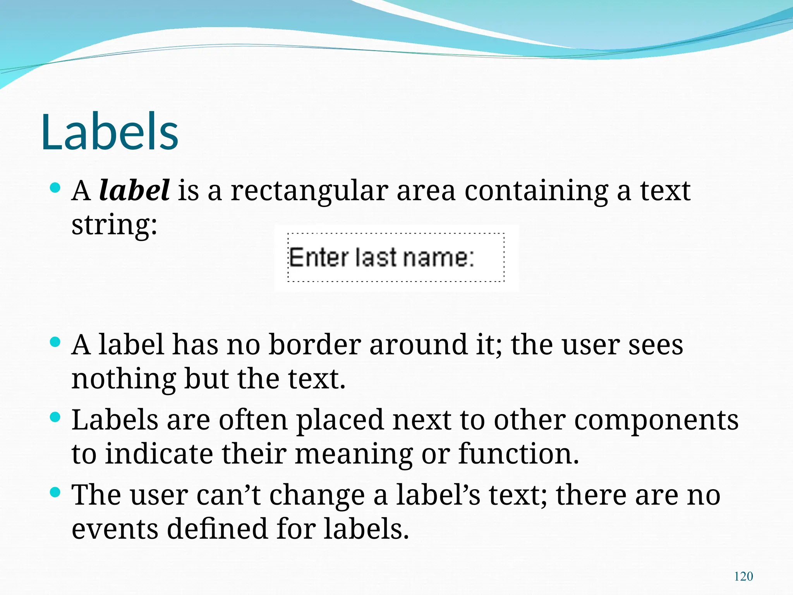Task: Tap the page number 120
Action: [743, 576]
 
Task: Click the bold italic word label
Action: [134, 191]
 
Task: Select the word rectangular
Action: [309, 191]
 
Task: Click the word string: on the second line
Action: [114, 225]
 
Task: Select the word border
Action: [314, 344]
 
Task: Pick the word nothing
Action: [124, 379]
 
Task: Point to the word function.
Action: [518, 454]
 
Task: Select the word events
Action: [115, 529]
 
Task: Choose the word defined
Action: [217, 529]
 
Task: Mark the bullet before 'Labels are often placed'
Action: [56, 417]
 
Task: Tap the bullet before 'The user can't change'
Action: [56, 492]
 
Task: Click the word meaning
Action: [354, 454]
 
